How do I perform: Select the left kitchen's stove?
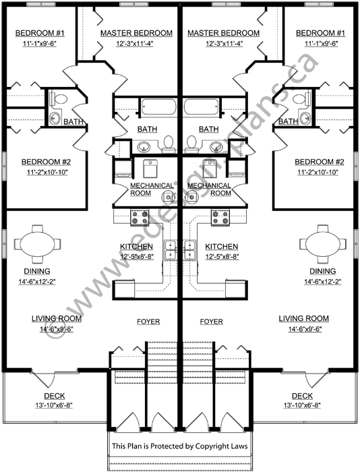140,217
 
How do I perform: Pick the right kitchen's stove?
220,217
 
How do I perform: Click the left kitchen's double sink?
171,250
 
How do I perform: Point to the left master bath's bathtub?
158,107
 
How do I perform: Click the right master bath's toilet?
191,143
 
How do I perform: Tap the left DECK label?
55,396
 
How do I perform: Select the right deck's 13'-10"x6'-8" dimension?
302,405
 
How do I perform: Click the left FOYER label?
148,322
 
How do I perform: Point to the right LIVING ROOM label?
304,318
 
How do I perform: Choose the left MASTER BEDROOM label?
136,33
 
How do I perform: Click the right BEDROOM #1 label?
320,33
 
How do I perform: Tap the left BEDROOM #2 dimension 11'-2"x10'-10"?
47,172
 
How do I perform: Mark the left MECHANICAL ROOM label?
152,189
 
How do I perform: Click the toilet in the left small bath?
58,98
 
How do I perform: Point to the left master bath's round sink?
144,147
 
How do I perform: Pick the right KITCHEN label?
222,247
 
